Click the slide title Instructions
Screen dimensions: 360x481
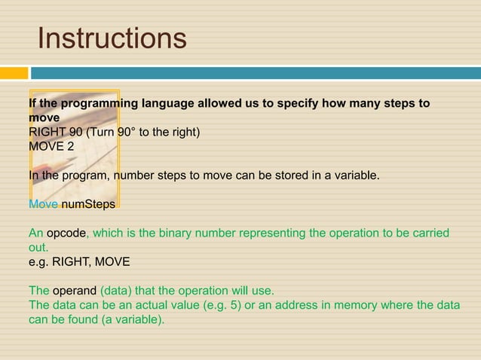coord(112,38)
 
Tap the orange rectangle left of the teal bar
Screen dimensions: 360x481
coord(14,73)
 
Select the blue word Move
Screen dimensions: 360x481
coord(43,204)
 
